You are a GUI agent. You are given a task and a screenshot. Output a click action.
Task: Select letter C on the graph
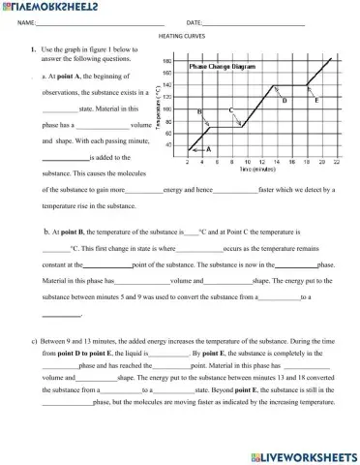pos(231,111)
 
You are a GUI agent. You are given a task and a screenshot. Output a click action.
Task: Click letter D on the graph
pos(284,100)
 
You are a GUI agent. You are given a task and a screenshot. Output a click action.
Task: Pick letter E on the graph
pos(317,100)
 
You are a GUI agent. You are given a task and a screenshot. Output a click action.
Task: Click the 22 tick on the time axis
pos(335,162)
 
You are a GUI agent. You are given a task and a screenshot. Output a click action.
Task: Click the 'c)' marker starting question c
pos(34,341)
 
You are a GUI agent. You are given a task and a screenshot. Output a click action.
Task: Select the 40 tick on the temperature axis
pos(168,144)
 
